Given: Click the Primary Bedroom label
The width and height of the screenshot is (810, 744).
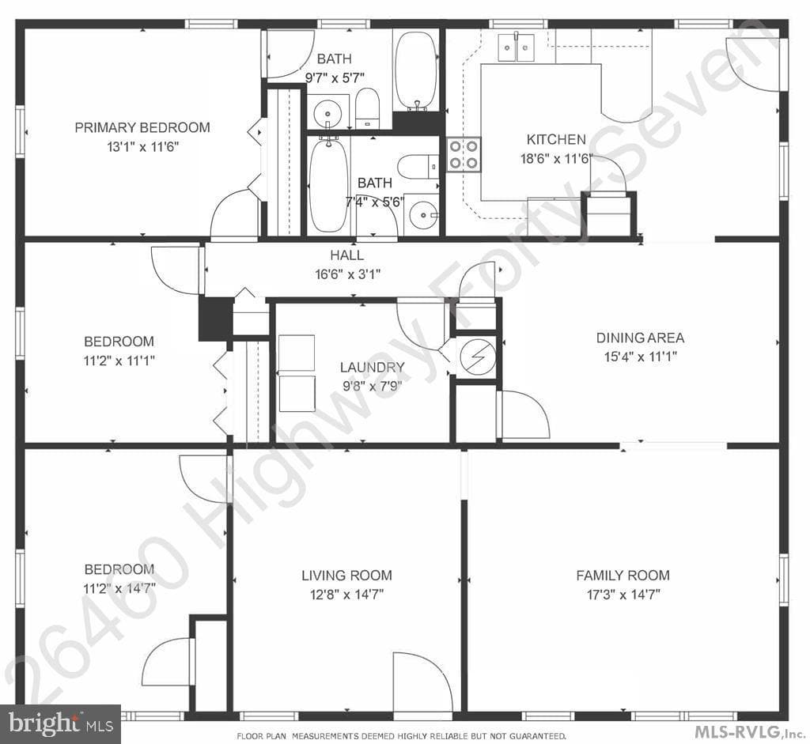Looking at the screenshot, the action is pos(142,127).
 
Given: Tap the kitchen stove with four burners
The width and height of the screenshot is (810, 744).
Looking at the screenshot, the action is pos(464,154).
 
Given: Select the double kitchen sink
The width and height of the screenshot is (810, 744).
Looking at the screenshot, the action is pos(516,47).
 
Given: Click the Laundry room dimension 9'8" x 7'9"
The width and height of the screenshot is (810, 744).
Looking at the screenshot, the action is pos(372,386).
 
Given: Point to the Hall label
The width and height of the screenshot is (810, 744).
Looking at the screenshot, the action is pos(347,255).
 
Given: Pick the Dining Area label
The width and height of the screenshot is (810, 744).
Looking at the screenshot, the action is pos(640,338).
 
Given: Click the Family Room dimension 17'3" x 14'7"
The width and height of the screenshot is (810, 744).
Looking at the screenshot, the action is pos(623,595).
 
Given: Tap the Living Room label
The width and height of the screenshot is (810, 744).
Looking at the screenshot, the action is pos(346,575).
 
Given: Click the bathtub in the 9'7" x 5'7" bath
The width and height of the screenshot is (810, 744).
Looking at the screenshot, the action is pos(416,71).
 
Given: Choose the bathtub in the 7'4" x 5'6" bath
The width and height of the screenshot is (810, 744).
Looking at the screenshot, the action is pos(328,184).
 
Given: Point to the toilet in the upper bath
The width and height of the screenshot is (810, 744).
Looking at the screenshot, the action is pos(367,108).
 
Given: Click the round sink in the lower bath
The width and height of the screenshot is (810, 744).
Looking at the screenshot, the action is pos(422,214).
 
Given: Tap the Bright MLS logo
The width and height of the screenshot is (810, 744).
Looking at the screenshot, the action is pos(60,724).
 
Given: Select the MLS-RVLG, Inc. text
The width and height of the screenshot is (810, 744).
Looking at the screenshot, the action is pos(749,731).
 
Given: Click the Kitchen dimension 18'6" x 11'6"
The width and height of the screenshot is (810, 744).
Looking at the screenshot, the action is pos(556,158).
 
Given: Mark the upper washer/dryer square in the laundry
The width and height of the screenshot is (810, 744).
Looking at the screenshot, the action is pos(297,353).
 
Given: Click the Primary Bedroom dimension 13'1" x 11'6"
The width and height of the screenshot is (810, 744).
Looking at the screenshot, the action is pos(142,147).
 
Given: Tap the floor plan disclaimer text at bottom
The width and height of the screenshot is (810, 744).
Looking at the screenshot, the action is pos(401,736).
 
